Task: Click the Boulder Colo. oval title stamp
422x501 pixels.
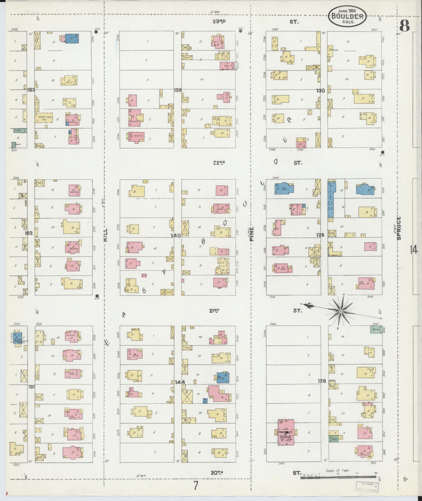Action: point(347,16)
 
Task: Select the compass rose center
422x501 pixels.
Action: point(341,311)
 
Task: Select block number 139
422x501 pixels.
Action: point(178,90)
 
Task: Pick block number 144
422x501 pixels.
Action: point(180,382)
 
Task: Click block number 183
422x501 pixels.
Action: point(31,90)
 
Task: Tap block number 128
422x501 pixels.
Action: point(322,381)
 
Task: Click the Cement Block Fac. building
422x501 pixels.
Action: point(44,118)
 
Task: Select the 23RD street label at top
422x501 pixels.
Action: point(219,22)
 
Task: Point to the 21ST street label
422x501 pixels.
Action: point(214,311)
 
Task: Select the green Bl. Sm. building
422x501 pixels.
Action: point(376,329)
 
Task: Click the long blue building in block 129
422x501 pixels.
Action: point(331,199)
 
